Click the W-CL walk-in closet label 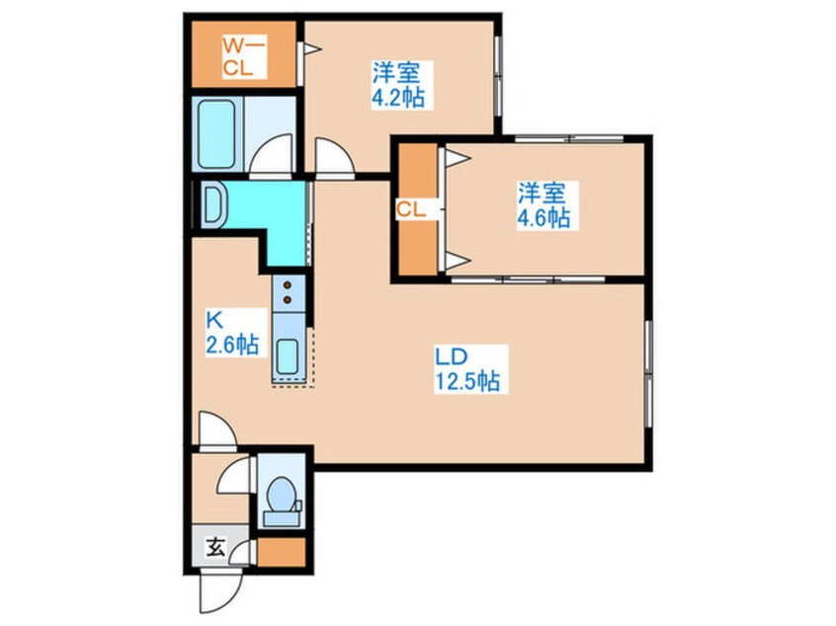[x=243, y=57]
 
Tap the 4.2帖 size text [x=398, y=98]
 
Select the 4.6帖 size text [x=543, y=217]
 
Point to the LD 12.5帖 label [x=468, y=369]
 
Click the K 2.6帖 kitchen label [x=233, y=333]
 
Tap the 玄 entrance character [x=216, y=547]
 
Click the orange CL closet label [x=411, y=209]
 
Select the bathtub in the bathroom [x=216, y=135]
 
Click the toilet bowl [x=281, y=494]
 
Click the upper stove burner [x=288, y=285]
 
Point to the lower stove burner [x=288, y=300]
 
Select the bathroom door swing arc [x=272, y=154]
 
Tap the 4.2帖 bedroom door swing [x=335, y=157]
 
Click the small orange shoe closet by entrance [x=282, y=553]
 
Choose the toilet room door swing [x=233, y=474]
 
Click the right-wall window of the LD [x=649, y=373]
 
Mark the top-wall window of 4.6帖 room [x=569, y=139]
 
